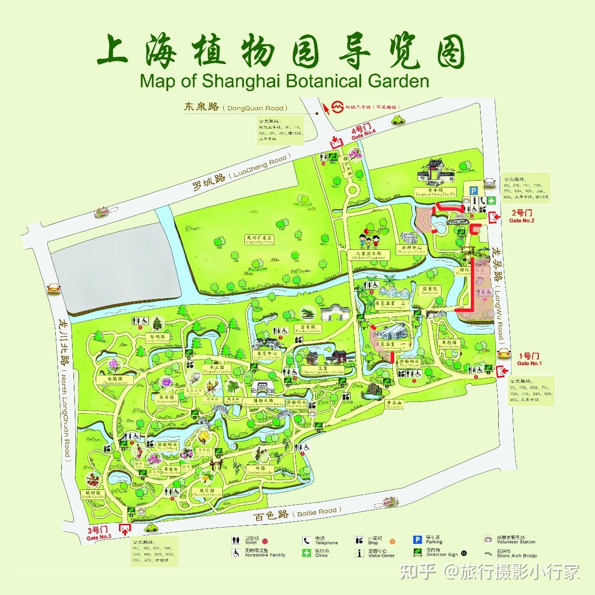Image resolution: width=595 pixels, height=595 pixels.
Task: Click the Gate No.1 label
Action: click(529, 359)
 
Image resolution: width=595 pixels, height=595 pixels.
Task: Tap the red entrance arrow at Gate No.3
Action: click(125, 529)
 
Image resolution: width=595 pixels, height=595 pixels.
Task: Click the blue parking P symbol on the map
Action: click(473, 190)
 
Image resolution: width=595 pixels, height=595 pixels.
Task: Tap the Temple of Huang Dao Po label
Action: click(436, 192)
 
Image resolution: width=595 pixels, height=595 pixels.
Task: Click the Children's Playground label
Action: click(369, 255)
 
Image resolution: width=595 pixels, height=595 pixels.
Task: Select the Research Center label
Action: click(412, 250)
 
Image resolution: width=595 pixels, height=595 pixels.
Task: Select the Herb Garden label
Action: click(449, 344)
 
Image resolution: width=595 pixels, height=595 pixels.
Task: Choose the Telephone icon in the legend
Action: click(306, 541)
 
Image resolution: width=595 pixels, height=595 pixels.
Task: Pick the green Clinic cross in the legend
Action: click(306, 553)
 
